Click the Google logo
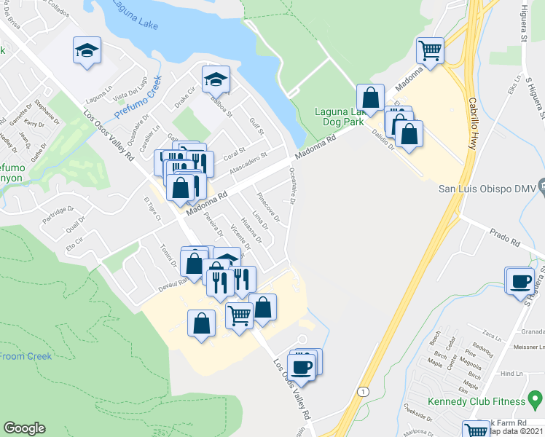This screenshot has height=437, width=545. [24, 428]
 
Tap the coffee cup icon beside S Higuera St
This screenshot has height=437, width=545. [522, 281]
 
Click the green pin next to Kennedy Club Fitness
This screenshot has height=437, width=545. [536, 399]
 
